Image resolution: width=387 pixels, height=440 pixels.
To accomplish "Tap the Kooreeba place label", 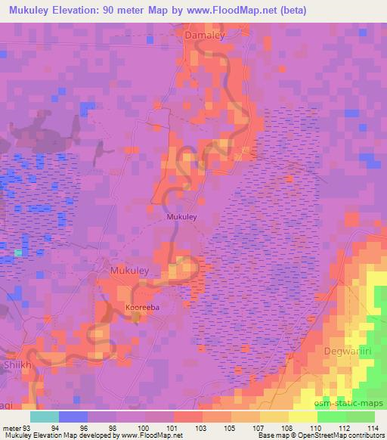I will click(142, 308).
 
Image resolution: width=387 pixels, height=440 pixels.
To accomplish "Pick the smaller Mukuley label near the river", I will click(181, 217).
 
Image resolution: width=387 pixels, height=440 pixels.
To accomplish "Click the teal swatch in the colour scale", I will click(44, 417).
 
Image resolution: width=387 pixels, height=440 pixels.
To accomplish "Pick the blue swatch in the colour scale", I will click(73, 417).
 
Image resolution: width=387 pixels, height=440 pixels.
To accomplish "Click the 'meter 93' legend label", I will click(17, 428).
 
